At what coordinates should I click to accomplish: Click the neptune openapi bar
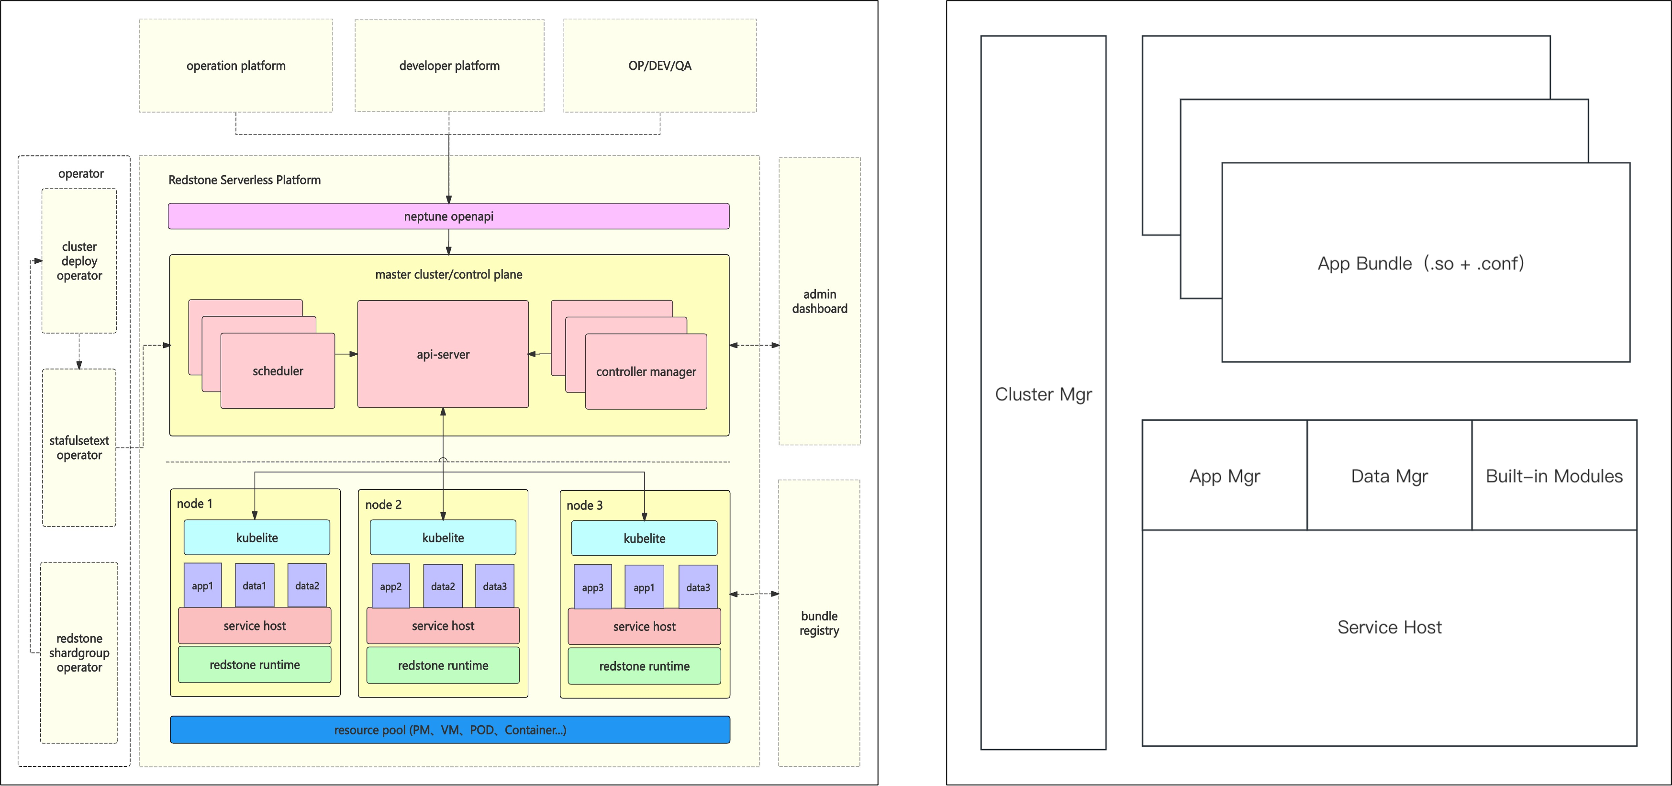click(x=448, y=216)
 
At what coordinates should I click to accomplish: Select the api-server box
click(x=443, y=354)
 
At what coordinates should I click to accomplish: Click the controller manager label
click(x=646, y=372)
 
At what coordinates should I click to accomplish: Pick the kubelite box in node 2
click(x=443, y=538)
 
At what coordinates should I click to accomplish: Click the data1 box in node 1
click(x=255, y=585)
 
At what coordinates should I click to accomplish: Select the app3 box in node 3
click(x=592, y=587)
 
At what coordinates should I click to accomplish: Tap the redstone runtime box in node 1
click(x=255, y=664)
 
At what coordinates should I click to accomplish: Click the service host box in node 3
click(x=644, y=626)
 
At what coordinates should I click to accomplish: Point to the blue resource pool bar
click(x=450, y=730)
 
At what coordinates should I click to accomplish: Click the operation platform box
click(x=235, y=66)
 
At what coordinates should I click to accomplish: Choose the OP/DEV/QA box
click(x=659, y=66)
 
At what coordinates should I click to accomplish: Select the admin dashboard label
click(x=819, y=301)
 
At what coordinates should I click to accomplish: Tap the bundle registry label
click(x=819, y=623)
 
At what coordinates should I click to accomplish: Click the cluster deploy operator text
click(x=79, y=261)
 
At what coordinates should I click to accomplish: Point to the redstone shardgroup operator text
click(x=79, y=653)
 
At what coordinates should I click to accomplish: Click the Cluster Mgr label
click(x=1043, y=394)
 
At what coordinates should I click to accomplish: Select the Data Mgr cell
click(x=1389, y=476)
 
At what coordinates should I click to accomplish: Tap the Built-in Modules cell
click(x=1554, y=476)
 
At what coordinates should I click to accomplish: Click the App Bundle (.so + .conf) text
click(x=1420, y=263)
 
